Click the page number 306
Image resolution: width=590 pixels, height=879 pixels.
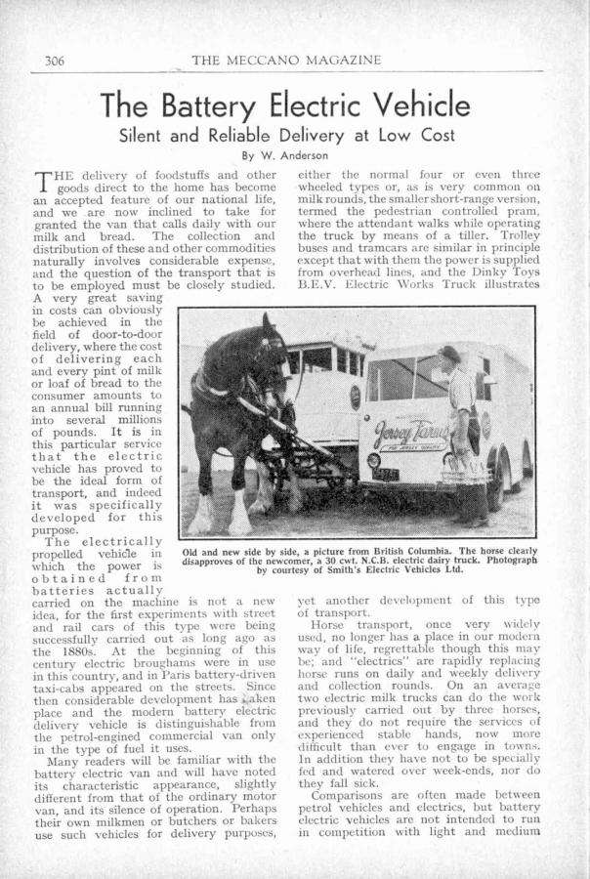tap(54, 61)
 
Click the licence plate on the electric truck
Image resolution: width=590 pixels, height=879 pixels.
tap(384, 474)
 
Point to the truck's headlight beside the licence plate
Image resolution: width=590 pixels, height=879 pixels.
tap(373, 459)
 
